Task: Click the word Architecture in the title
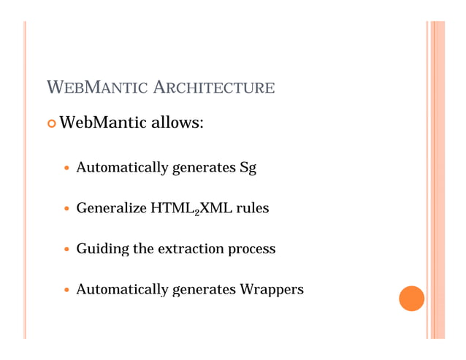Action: coord(215,89)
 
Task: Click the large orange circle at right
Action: coord(412,299)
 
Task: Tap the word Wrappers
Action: coord(271,290)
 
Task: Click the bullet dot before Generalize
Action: coord(68,210)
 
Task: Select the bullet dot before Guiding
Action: coord(68,250)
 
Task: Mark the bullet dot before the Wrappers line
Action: coord(68,290)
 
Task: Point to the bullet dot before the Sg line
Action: coord(68,169)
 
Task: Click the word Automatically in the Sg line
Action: coord(121,169)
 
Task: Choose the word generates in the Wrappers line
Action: coord(202,290)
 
